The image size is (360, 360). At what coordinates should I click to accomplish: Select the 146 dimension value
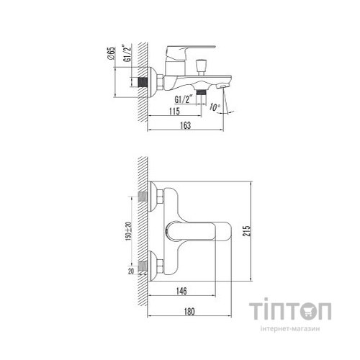point(180,291)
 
